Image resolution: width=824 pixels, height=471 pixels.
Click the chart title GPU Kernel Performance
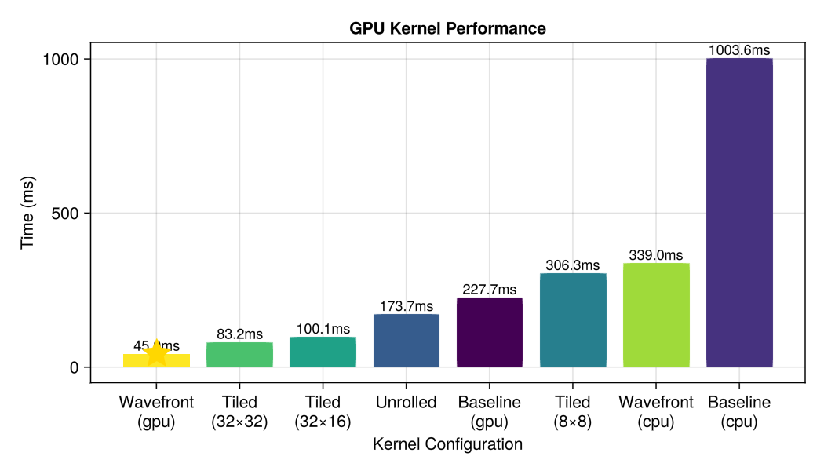pyautogui.click(x=447, y=28)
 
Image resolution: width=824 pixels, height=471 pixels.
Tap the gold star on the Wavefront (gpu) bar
pyautogui.click(x=157, y=354)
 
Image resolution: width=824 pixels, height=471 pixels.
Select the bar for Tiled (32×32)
pyautogui.click(x=239, y=355)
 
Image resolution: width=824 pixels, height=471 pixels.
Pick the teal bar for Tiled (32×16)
pyautogui.click(x=323, y=352)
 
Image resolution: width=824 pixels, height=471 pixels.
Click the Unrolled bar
pyautogui.click(x=406, y=341)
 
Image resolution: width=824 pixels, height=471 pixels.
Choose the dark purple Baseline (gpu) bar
pyautogui.click(x=489, y=332)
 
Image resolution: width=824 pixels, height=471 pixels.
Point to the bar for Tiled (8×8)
pyautogui.click(x=573, y=320)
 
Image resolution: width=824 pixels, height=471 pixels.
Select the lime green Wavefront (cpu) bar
pyautogui.click(x=656, y=316)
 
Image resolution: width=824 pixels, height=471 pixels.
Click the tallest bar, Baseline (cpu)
pyautogui.click(x=739, y=213)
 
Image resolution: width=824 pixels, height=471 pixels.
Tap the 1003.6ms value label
pyautogui.click(x=739, y=50)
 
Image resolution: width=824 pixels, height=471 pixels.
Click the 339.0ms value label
pyautogui.click(x=656, y=255)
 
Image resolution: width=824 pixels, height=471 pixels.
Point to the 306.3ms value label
pyautogui.click(x=573, y=265)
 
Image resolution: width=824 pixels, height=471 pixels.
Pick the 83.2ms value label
pyautogui.click(x=239, y=334)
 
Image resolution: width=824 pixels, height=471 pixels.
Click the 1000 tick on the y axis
pyautogui.click(x=65, y=59)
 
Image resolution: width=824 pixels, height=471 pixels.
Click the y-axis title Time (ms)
pyautogui.click(x=28, y=213)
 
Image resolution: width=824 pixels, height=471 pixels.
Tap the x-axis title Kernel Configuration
pyautogui.click(x=447, y=445)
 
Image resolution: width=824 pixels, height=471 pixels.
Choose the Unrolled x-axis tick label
pyautogui.click(x=406, y=403)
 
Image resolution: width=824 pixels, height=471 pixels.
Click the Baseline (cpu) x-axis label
pyautogui.click(x=739, y=411)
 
